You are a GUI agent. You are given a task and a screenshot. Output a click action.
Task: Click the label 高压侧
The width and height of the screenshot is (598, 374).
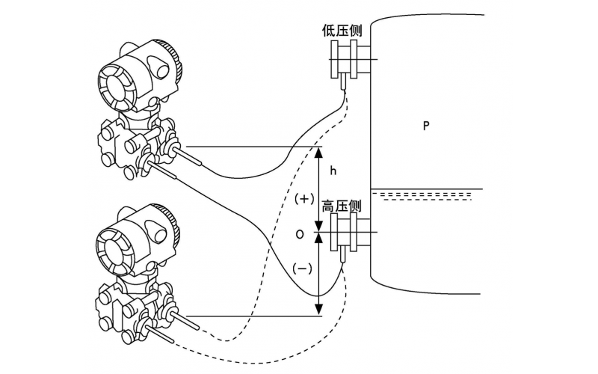pos(342,206)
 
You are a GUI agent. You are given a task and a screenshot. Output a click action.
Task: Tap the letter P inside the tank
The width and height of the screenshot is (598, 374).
pos(425,126)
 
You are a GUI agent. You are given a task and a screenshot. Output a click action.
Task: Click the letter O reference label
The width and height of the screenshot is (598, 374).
pos(300,234)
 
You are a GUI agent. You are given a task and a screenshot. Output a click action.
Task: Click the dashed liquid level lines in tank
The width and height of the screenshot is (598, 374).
pos(427,196)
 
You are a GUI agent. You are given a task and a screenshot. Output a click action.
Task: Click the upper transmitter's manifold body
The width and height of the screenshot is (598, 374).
pos(131,146)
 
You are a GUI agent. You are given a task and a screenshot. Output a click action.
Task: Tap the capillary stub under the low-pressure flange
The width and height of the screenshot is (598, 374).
pos(343,82)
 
